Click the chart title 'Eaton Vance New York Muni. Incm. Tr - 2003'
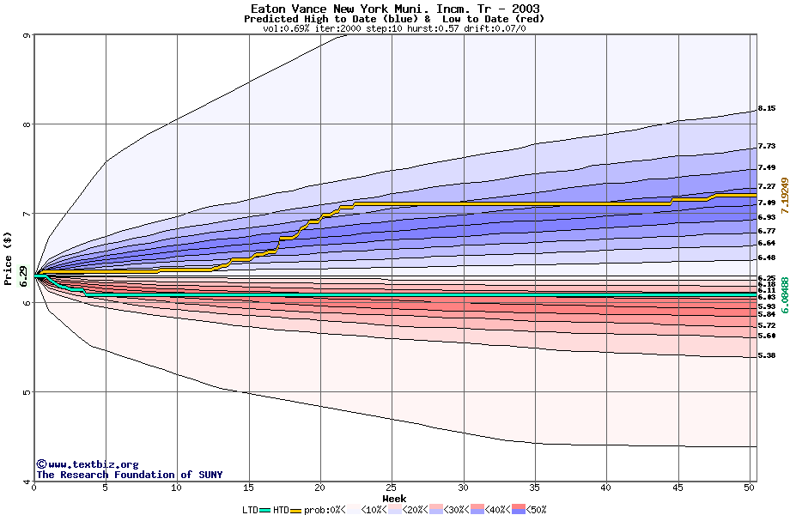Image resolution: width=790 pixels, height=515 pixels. (x=395, y=9)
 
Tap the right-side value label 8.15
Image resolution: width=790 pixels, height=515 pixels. (x=767, y=109)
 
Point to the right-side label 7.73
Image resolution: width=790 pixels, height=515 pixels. (x=767, y=147)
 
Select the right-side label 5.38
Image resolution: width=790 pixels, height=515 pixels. (x=767, y=355)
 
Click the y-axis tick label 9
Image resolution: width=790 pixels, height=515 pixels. (x=27, y=36)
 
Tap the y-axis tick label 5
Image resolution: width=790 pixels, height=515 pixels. (x=27, y=392)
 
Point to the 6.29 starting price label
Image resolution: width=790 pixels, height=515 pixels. (x=23, y=276)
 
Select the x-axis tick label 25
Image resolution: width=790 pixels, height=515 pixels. (x=392, y=488)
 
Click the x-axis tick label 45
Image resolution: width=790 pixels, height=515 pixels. (x=678, y=488)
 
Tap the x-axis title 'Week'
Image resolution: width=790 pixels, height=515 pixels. (x=394, y=499)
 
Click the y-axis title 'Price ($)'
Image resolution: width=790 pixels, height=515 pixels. (x=9, y=258)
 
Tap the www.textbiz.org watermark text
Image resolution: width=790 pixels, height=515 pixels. (x=88, y=464)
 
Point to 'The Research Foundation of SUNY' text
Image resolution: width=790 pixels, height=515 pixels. (x=129, y=475)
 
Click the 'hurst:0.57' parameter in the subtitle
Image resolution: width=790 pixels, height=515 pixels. (x=407, y=28)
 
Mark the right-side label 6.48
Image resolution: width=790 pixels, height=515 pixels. (x=767, y=257)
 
